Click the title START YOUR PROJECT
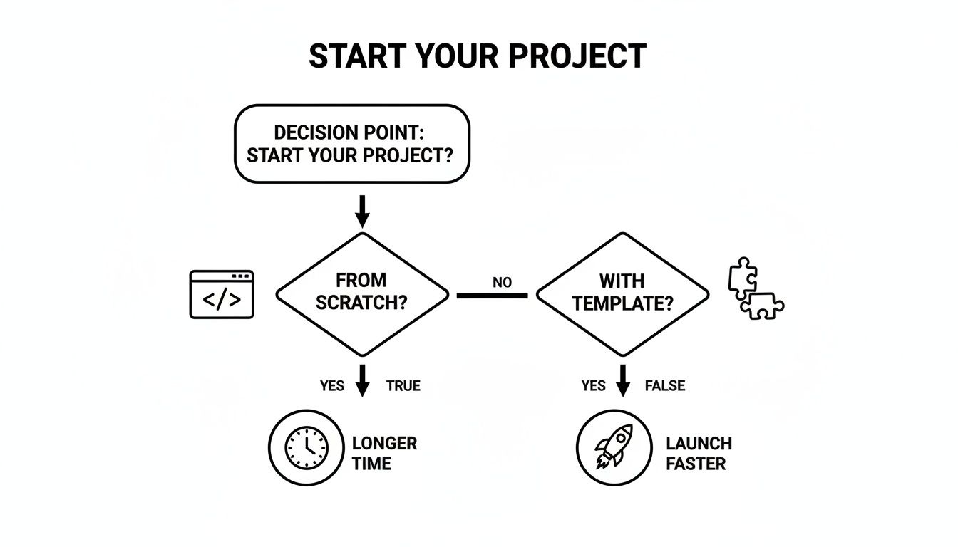click(x=478, y=56)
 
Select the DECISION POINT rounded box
click(x=352, y=144)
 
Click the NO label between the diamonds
click(x=502, y=283)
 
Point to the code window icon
click(x=222, y=294)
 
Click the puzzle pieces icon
click(x=755, y=288)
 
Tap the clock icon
click(x=307, y=447)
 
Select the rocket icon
click(x=614, y=447)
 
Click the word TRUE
click(x=403, y=386)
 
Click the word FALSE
click(x=664, y=386)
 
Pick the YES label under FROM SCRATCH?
click(x=332, y=386)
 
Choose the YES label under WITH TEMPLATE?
click(x=593, y=386)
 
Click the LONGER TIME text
click(x=384, y=454)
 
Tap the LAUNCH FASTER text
click(x=699, y=454)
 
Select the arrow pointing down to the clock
click(x=362, y=381)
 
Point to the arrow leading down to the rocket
click(x=623, y=381)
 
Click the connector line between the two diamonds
click(x=492, y=295)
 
